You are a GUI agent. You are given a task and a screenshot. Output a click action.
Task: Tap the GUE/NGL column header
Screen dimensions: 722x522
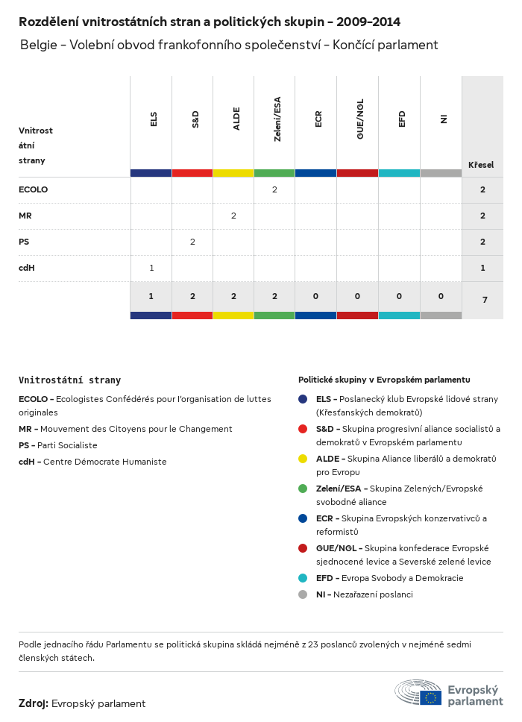pos(360,120)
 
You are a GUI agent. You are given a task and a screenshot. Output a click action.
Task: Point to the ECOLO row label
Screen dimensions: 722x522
pos(33,189)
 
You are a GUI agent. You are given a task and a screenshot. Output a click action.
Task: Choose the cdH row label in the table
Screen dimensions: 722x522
pos(27,268)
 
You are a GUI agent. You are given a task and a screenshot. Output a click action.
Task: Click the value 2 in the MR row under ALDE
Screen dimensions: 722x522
pos(233,216)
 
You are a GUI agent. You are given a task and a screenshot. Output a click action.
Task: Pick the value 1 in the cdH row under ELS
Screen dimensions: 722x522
pos(151,268)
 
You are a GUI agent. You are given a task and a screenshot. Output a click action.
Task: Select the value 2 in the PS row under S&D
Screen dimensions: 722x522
pos(192,242)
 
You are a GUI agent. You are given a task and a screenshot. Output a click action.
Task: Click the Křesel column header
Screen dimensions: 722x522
pos(481,164)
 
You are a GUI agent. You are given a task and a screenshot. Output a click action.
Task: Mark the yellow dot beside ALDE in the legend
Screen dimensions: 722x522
pos(303,459)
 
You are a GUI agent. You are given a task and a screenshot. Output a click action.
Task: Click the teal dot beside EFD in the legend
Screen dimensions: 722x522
pos(303,578)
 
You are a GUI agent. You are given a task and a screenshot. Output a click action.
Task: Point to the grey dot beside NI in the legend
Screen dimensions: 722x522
pos(303,594)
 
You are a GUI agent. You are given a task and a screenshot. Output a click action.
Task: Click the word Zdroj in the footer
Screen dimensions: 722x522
pos(34,703)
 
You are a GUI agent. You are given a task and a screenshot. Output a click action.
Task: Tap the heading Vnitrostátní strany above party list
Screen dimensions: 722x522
pos(69,380)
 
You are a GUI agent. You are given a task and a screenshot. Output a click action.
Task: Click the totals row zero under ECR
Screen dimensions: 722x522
pos(315,296)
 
